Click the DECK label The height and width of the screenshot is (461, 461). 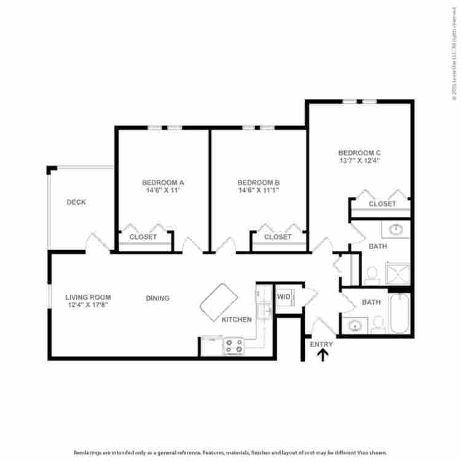[x=76, y=202]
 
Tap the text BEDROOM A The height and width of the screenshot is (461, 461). [x=164, y=183]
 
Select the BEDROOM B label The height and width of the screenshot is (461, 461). [x=259, y=183]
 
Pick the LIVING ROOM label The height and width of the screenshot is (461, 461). [x=87, y=297]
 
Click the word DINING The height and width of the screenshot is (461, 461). [x=157, y=298]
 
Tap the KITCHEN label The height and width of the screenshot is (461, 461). [x=237, y=320]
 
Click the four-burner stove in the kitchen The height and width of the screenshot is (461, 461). [x=234, y=347]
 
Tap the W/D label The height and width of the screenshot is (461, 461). [x=284, y=297]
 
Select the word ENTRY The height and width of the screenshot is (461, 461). [x=321, y=344]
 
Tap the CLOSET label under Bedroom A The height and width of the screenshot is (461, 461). [x=144, y=237]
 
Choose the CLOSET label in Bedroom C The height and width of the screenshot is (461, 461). [x=382, y=203]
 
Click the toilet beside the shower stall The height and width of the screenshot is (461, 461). [x=371, y=275]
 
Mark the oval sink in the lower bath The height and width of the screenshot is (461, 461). [x=354, y=325]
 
